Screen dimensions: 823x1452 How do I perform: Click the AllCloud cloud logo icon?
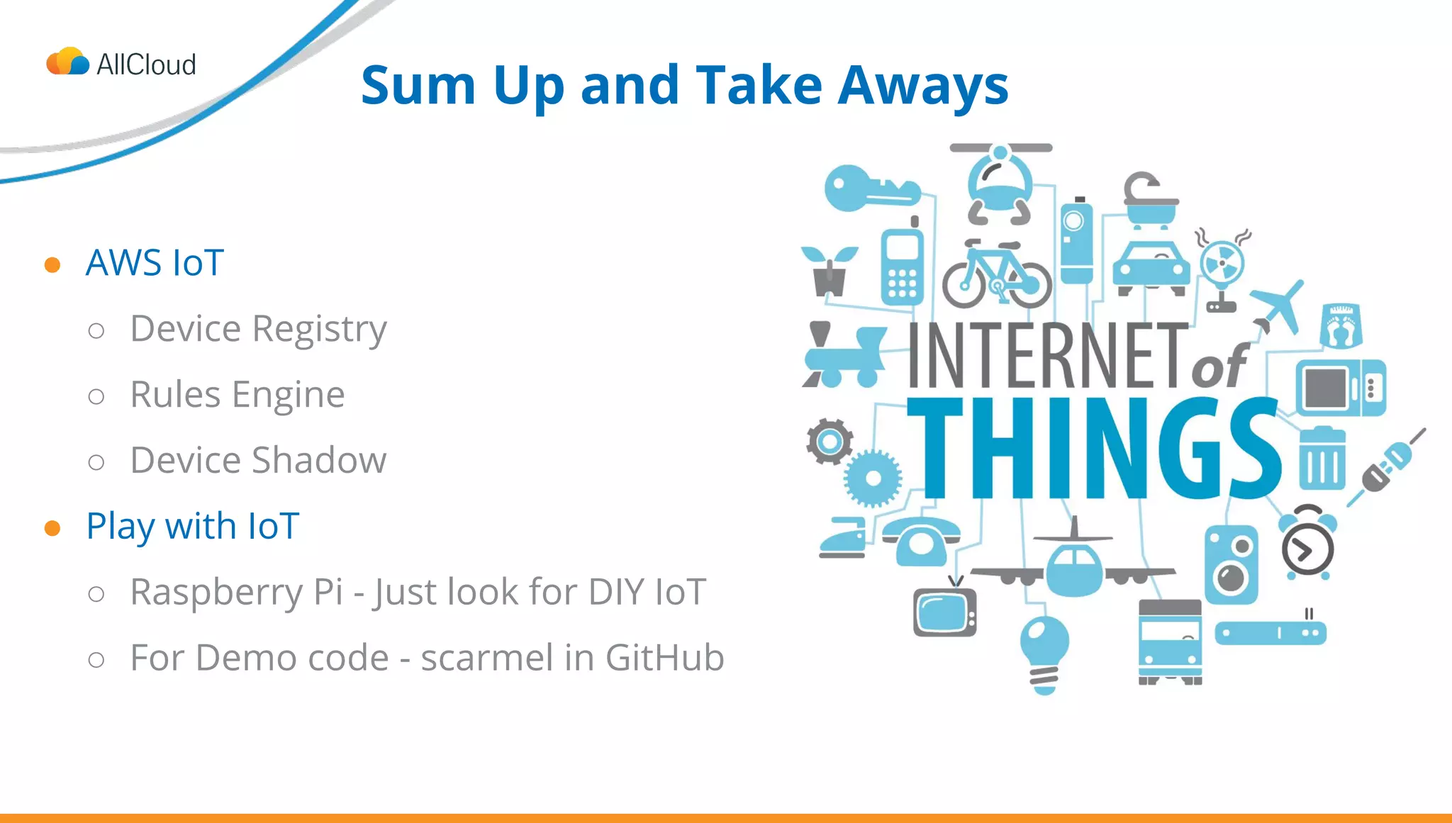coord(68,62)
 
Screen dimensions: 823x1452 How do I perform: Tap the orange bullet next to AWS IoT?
coord(52,264)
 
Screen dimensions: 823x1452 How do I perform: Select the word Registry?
coord(319,330)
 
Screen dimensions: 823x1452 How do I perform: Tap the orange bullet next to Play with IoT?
coord(52,528)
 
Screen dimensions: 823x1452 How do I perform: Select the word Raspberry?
coord(216,593)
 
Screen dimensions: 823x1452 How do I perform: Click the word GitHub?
coord(664,658)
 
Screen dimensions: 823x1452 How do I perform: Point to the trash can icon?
coord(1322,459)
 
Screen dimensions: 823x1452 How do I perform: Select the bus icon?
coord(1170,642)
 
